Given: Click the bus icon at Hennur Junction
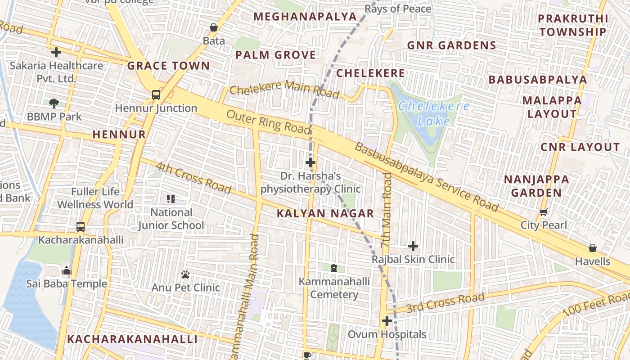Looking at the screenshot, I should [156, 95].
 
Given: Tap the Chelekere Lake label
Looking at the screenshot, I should [434, 113].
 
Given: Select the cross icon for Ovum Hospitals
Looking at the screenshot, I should [387, 321].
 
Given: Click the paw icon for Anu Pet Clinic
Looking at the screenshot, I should [185, 274].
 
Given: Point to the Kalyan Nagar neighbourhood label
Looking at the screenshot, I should [325, 214].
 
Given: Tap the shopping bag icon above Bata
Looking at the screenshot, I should [214, 27].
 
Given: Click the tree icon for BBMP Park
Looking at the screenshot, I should [54, 103].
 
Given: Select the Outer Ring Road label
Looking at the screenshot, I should [269, 121].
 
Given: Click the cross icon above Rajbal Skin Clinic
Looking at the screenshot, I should [413, 246].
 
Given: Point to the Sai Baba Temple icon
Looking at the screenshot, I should [67, 270].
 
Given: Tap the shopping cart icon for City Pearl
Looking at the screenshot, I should [544, 212].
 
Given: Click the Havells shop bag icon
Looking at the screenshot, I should [593, 248].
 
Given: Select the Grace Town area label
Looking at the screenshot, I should [169, 66].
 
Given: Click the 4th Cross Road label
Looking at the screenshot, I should [193, 178].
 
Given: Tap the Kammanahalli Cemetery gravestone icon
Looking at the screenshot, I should [334, 268].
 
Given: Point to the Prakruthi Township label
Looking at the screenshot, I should [573, 25].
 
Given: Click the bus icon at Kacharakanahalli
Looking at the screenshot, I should [81, 226].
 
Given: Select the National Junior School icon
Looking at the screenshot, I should [171, 198].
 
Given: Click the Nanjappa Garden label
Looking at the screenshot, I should [536, 186].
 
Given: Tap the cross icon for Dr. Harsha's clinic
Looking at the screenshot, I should [310, 162].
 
